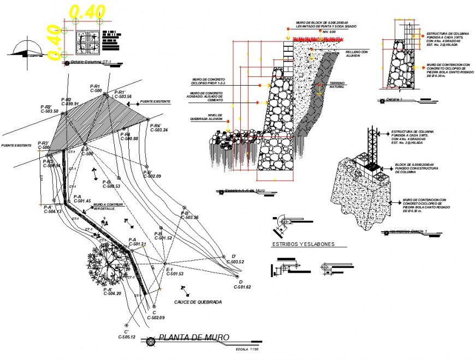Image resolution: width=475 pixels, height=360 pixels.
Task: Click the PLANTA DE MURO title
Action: [193, 338]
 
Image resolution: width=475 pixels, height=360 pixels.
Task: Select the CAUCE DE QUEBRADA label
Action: [198, 302]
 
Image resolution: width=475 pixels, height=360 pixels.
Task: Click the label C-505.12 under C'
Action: [127, 337]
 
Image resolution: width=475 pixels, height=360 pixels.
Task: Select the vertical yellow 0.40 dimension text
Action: [52, 43]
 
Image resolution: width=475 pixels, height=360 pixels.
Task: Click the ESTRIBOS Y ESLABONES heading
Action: [303, 244]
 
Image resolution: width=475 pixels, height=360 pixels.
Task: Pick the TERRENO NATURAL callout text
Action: [337, 85]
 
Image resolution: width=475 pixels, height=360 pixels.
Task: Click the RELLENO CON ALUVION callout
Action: [357, 53]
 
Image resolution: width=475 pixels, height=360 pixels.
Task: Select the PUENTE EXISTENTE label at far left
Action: [16, 146]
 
